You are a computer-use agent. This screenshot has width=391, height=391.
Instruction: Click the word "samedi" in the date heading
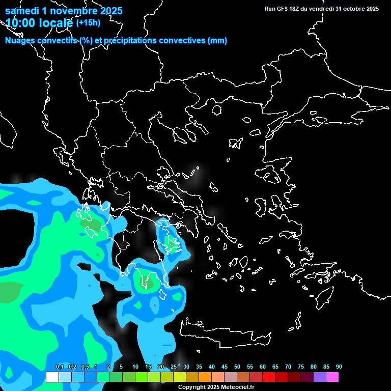point(21,11)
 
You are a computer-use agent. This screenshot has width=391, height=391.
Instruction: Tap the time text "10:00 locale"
point(39,22)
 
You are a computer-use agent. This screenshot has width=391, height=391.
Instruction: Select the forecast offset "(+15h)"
point(88,22)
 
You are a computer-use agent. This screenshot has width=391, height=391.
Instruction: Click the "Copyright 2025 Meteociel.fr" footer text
point(216,387)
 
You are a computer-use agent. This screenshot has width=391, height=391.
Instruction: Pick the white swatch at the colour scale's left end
point(52,377)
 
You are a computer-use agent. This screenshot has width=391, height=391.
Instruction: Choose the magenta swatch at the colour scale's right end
point(332,377)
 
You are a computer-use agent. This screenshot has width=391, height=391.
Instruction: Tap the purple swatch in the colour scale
point(320,377)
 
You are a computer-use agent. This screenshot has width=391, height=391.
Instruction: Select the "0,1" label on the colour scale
point(59,367)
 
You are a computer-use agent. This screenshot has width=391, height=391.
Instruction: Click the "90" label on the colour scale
point(339,367)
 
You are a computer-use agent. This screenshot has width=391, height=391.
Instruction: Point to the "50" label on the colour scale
point(237,367)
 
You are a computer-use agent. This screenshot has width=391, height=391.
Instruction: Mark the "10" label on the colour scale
point(135,367)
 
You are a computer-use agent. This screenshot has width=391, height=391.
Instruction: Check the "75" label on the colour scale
point(300,367)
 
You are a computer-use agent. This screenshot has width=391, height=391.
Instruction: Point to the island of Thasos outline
point(217,110)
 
